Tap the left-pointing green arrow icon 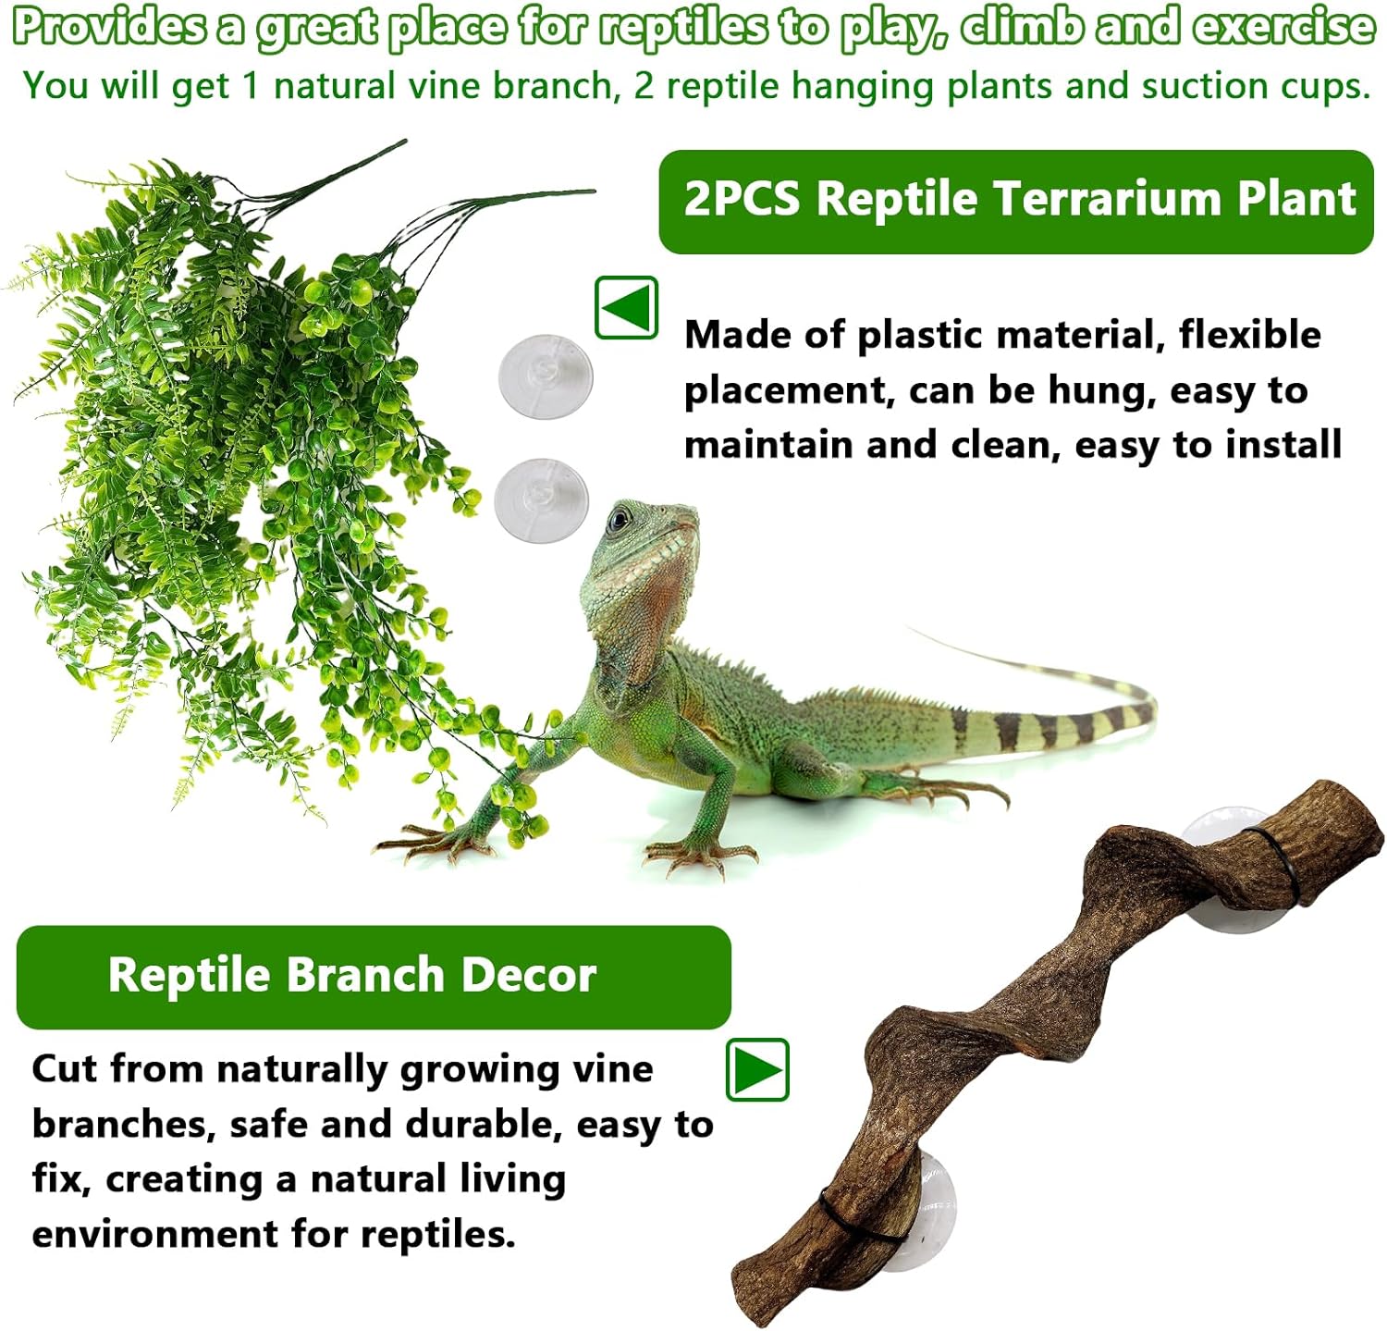627,307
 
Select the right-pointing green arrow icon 757,1070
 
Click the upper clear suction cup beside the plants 546,376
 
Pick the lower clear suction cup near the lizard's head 541,499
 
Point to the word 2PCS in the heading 742,199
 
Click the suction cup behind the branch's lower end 925,1202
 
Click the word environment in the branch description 154,1234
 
